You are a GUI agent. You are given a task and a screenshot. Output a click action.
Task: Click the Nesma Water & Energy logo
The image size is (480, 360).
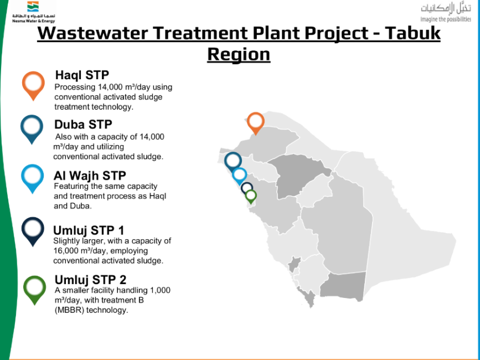tap(34, 12)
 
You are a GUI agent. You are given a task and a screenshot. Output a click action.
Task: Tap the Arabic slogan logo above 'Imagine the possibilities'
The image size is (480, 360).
tap(446, 9)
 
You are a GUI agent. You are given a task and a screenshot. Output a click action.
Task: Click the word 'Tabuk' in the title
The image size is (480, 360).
tap(412, 33)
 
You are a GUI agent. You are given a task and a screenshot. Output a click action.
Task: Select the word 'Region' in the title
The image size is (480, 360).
tap(239, 54)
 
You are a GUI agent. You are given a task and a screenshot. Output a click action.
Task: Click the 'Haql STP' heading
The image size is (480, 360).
tap(82, 75)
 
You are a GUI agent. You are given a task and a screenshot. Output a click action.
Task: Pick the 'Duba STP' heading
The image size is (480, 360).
tap(83, 125)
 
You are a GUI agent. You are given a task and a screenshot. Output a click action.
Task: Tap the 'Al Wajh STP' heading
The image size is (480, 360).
tap(90, 176)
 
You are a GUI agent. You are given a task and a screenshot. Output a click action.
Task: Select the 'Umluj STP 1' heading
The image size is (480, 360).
tap(89, 230)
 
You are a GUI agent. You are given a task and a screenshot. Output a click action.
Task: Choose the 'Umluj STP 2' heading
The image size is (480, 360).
tap(90, 280)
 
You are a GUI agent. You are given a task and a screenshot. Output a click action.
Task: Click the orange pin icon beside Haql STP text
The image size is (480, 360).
tap(33, 86)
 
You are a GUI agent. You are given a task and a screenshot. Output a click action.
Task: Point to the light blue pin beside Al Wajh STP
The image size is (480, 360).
tap(33, 179)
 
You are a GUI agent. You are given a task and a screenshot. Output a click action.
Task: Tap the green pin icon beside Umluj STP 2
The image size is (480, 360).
tap(34, 290)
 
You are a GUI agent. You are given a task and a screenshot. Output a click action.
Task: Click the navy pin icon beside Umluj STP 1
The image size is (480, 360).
tap(33, 232)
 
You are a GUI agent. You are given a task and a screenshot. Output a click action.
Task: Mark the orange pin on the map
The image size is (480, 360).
tap(256, 124)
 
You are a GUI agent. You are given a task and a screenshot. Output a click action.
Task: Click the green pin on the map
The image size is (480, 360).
tap(251, 197)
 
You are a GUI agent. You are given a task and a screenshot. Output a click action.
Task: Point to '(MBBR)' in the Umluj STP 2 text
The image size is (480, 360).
tap(70, 310)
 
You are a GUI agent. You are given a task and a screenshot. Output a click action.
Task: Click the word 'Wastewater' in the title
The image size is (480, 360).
tap(92, 33)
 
